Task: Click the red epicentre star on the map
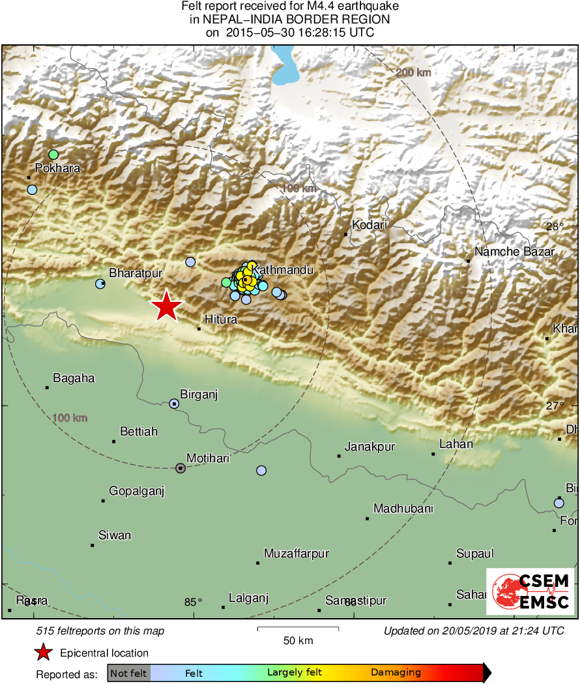166,306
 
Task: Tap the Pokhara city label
57,168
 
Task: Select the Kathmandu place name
283,269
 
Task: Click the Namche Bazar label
515,252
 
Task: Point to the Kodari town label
370,225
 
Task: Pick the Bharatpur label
136,273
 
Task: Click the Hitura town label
221,320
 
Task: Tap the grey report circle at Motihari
181,468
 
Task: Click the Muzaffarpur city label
296,554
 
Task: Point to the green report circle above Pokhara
53,155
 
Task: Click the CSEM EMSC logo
530,591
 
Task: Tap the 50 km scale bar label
298,640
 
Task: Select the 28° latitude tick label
555,227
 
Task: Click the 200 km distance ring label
414,72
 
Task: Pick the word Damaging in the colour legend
396,672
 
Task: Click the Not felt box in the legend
128,672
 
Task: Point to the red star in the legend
43,652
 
